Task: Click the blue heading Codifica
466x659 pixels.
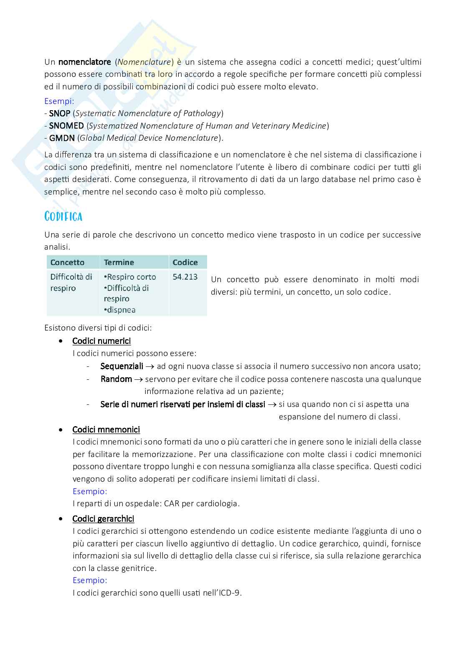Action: coord(63,216)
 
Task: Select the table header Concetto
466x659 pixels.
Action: coord(67,263)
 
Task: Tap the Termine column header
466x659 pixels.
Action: coord(119,263)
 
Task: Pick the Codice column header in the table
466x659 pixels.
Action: coord(185,263)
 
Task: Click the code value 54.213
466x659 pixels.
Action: coord(185,277)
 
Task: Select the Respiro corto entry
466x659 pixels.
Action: coord(131,277)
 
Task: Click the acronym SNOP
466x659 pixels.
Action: coord(60,114)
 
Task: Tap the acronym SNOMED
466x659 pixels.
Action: coord(66,126)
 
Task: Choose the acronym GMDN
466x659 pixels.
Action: coord(62,138)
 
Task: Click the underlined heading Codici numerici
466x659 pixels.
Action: coord(101,341)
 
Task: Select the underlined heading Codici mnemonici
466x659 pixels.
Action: coord(106,429)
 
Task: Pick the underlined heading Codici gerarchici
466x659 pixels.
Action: coord(103,519)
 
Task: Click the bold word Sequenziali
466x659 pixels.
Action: coord(122,366)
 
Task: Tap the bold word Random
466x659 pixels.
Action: coord(116,379)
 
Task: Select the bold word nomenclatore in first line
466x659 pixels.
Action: coord(84,62)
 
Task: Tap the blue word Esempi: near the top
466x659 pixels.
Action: coord(59,101)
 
